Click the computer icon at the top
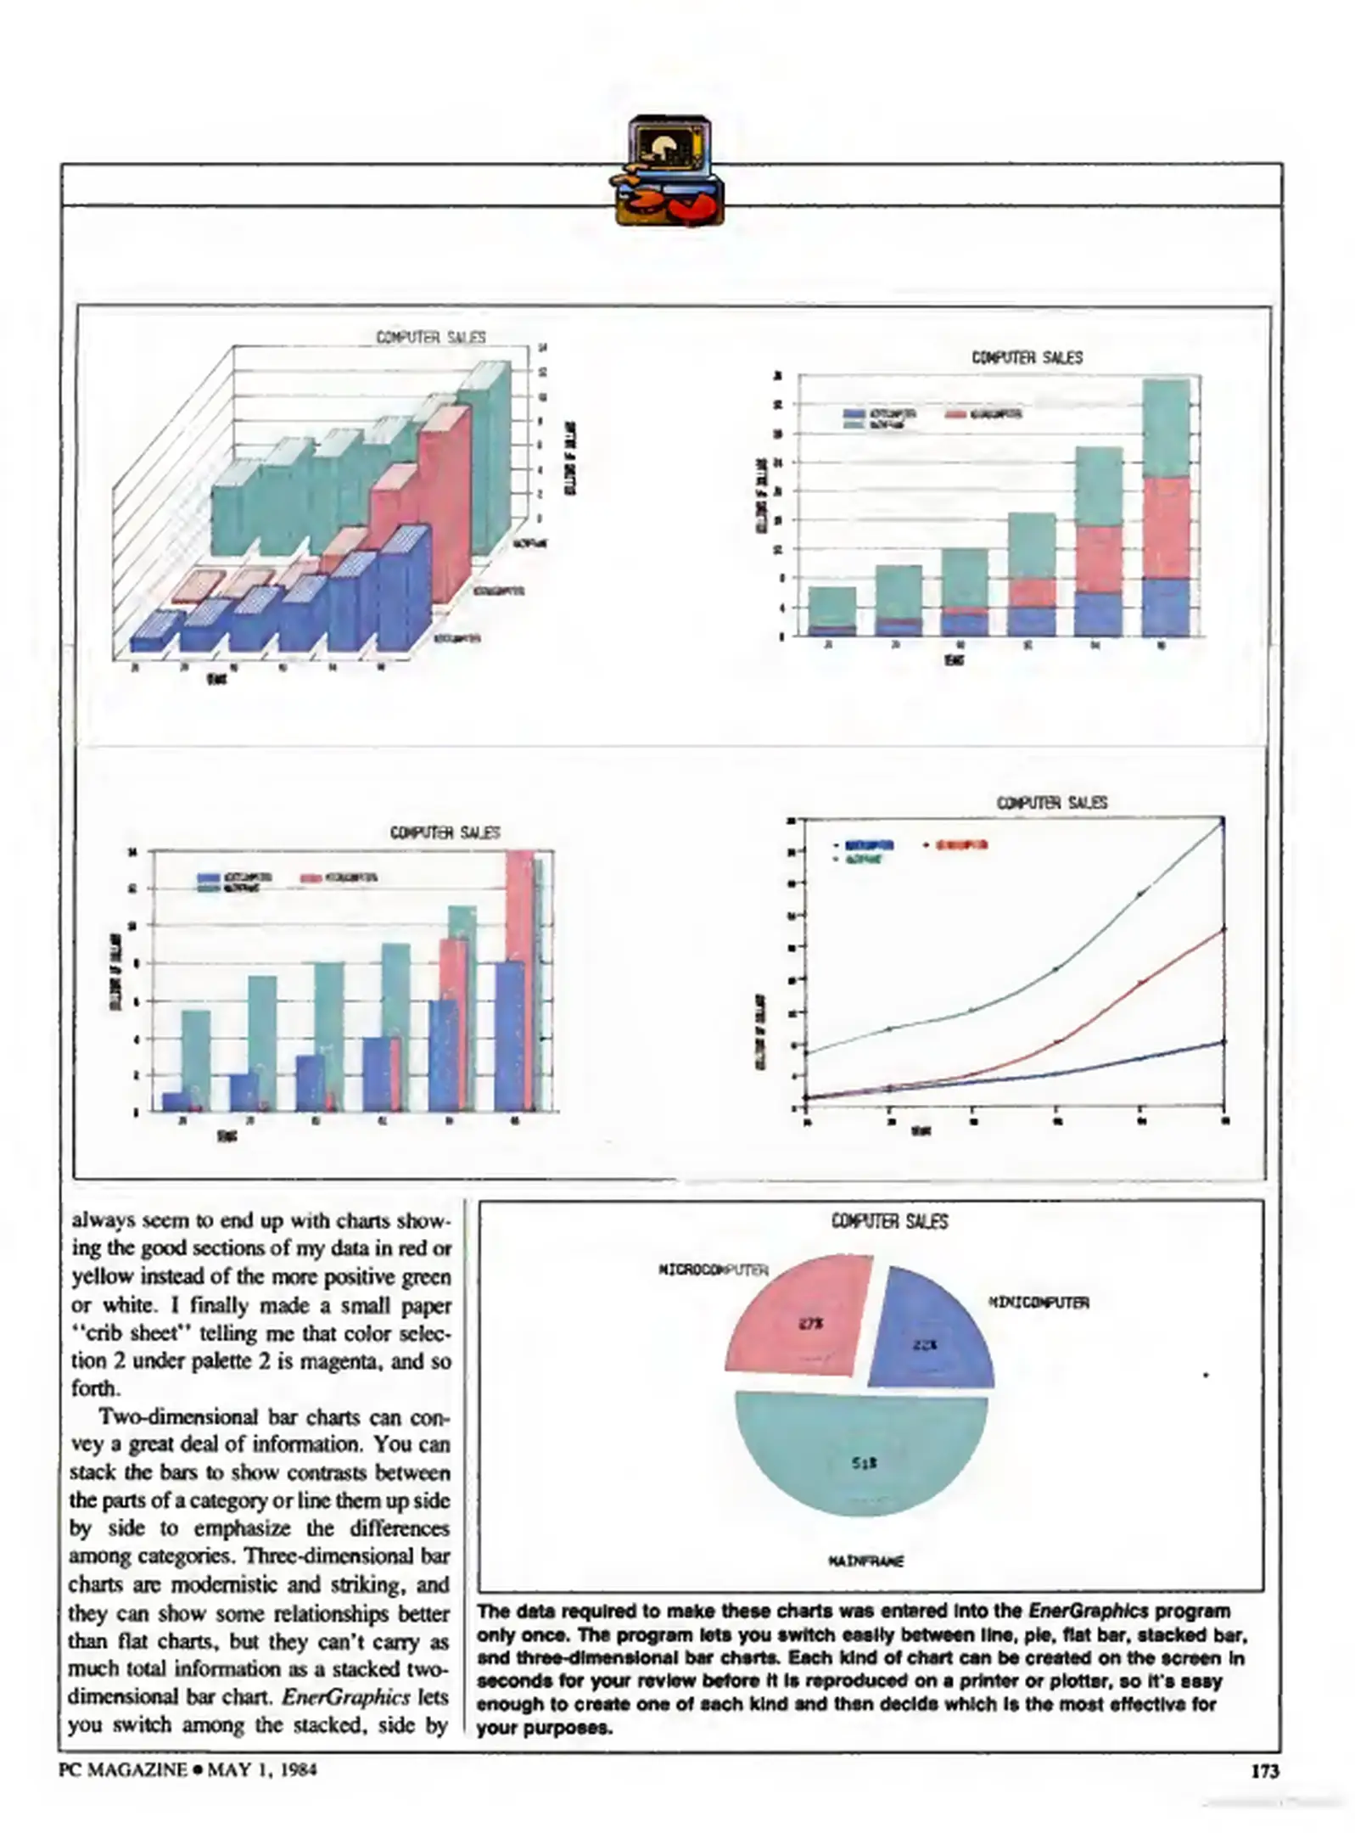click(669, 171)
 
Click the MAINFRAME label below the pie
click(865, 1561)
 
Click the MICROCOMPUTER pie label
click(713, 1270)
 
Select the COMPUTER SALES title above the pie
click(889, 1221)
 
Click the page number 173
click(1264, 1769)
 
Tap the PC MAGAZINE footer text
click(123, 1769)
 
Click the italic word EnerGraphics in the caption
click(1089, 1611)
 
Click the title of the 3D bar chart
click(431, 337)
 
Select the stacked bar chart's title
click(1027, 357)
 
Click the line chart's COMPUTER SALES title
click(1051, 802)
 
